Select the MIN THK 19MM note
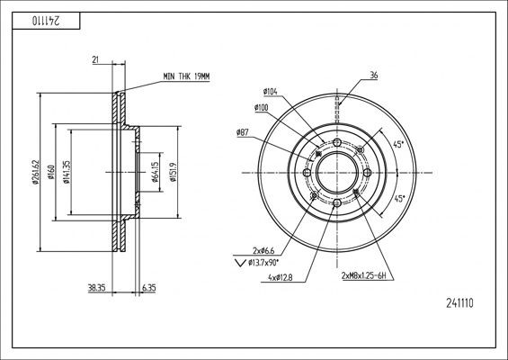186,76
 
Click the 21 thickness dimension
94,60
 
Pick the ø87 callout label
243,132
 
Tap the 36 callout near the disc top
374,75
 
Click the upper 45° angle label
398,144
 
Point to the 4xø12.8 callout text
282,277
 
